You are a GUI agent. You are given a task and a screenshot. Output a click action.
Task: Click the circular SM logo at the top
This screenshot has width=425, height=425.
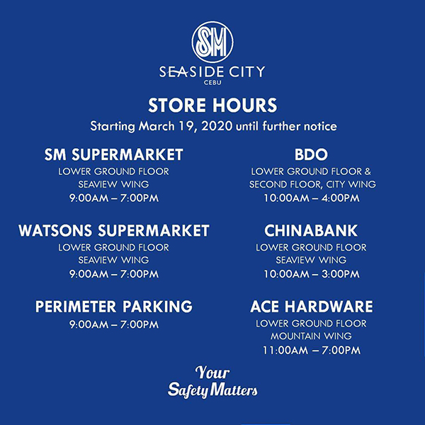[212, 42]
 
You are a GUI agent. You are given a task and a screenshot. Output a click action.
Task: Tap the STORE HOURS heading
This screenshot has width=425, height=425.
[212, 105]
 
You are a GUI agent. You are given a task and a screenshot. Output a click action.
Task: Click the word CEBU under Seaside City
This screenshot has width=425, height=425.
[212, 82]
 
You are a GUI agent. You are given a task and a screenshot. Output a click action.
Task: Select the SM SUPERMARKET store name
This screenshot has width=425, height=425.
[113, 154]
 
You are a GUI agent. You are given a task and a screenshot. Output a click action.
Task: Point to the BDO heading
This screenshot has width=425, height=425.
[311, 154]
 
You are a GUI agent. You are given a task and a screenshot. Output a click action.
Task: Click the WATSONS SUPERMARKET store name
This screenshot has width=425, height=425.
[114, 231]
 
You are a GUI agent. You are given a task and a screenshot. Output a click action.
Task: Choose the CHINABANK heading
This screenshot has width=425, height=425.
[311, 231]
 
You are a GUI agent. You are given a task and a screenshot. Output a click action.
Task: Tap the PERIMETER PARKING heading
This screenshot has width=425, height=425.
[114, 307]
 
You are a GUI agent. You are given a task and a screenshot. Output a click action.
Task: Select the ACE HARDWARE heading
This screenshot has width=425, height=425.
[312, 307]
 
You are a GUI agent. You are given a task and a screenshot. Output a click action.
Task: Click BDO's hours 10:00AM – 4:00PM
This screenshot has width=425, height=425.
[312, 198]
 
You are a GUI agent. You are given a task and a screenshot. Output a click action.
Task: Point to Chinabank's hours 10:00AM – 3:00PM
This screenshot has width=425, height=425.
[312, 274]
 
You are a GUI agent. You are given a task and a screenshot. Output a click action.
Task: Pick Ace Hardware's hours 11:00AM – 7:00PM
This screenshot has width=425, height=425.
[312, 350]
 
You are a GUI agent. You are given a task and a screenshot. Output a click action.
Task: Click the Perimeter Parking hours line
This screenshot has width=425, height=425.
[114, 324]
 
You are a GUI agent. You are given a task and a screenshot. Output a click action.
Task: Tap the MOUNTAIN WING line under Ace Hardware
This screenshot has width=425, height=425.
[311, 336]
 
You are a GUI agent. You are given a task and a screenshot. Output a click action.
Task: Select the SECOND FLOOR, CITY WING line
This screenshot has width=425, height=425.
[312, 184]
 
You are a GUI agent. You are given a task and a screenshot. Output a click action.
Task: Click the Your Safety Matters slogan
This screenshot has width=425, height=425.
[212, 382]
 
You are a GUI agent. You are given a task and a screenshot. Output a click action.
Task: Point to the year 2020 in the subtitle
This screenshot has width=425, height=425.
[217, 126]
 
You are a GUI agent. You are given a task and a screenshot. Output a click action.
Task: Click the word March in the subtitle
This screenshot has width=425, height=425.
[157, 126]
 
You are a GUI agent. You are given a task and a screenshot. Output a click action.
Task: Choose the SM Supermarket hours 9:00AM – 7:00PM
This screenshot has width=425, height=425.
[114, 198]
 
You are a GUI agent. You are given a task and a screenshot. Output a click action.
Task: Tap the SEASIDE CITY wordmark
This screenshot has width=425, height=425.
[212, 72]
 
